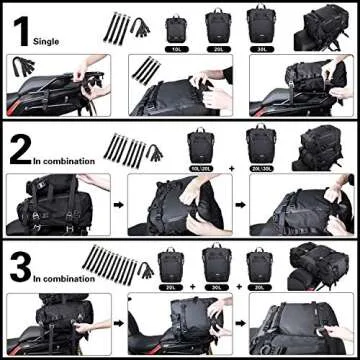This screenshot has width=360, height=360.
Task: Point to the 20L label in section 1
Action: (x=217, y=47)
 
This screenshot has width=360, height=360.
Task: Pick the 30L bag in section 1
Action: (x=260, y=24)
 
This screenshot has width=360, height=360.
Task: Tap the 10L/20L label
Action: (x=201, y=167)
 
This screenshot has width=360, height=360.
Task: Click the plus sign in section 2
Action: (x=231, y=167)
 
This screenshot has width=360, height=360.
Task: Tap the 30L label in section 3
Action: (x=216, y=286)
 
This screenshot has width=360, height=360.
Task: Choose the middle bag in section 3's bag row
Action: (x=216, y=262)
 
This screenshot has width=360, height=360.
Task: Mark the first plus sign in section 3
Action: (x=193, y=286)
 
